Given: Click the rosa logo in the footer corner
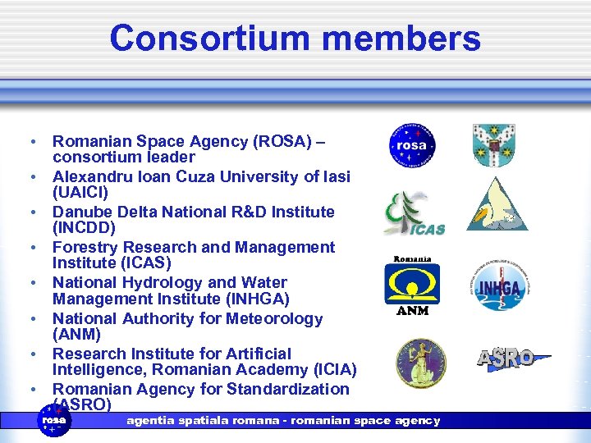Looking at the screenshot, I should [x=56, y=421].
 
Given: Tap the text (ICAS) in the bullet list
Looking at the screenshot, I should [x=146, y=263].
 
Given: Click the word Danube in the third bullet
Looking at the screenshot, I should [x=82, y=212].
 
